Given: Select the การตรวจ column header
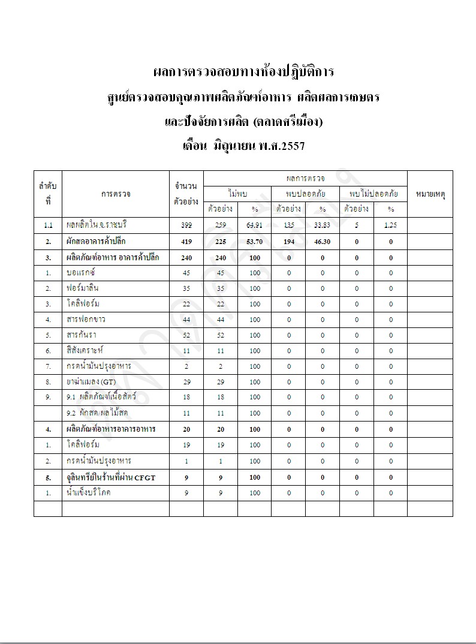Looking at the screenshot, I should tap(116, 194).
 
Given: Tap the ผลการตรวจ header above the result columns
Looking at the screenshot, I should tap(305, 178).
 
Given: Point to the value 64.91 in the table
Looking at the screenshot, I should tap(255, 225).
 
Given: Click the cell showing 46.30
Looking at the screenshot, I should tap(322, 241).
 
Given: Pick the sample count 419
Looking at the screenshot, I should tap(186, 241).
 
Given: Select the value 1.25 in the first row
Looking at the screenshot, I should tap(390, 225).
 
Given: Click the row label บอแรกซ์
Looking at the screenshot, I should tap(82, 272).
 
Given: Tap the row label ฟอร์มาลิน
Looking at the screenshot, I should tap(83, 288).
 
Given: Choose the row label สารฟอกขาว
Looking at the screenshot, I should tap(87, 319).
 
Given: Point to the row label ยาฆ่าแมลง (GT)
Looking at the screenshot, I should tap(92, 381).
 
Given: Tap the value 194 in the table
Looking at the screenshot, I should tap(288, 241).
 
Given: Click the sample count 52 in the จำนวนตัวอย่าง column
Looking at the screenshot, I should tap(186, 335).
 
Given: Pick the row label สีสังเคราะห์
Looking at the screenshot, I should tap(86, 350).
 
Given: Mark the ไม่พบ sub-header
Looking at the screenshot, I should tap(237, 194).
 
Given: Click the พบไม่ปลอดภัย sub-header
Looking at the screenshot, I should tap(373, 194).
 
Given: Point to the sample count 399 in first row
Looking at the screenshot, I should tap(186, 225).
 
